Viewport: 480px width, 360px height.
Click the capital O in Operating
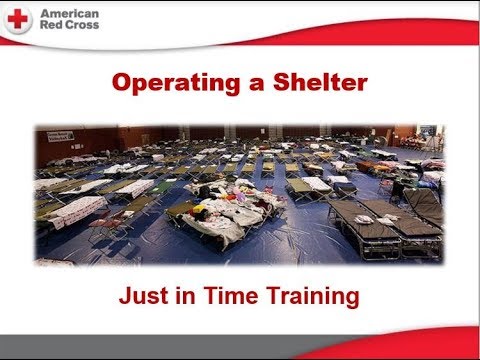tap(119, 83)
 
